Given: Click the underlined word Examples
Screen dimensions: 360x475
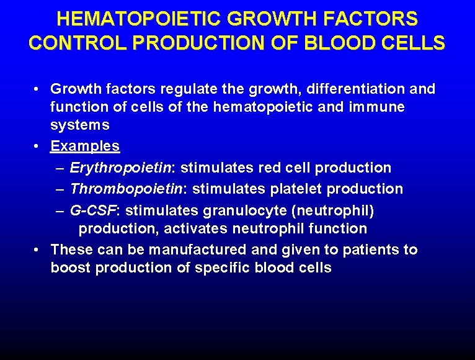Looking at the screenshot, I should (x=85, y=146).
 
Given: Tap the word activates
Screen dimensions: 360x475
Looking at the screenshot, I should (x=196, y=228).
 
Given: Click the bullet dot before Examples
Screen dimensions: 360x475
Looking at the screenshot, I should (x=38, y=146).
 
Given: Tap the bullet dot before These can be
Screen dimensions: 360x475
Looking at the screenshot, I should (x=38, y=250).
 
